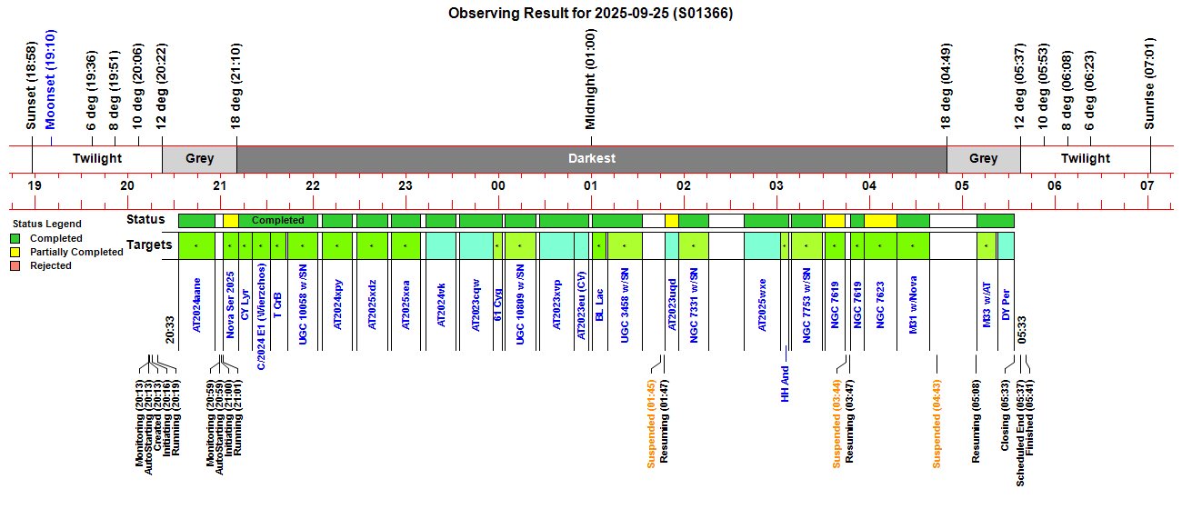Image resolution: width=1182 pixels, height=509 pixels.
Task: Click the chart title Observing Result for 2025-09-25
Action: tap(591, 13)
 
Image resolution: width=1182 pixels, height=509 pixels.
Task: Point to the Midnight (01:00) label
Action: tap(591, 79)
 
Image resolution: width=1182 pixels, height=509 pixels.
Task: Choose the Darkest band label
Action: tap(592, 158)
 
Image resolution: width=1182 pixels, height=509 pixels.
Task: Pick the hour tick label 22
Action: tap(313, 185)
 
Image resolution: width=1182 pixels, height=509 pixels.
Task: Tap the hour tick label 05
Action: tap(962, 185)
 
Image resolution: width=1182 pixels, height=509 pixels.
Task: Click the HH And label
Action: tap(785, 384)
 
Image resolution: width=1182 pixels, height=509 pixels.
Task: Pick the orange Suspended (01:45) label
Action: tap(651, 424)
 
